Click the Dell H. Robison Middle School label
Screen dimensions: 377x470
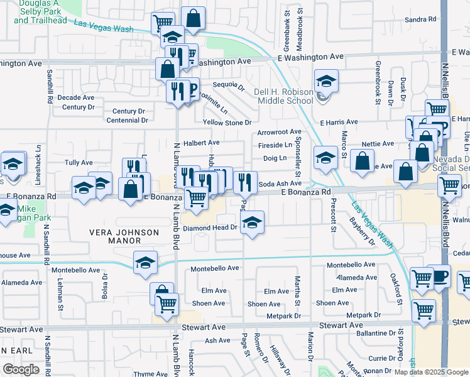point(283,96)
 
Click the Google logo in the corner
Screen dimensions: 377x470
point(21,369)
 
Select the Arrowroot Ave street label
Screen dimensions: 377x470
point(280,133)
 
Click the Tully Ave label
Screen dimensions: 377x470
point(79,162)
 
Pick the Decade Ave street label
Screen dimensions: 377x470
point(75,98)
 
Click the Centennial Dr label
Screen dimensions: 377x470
point(126,120)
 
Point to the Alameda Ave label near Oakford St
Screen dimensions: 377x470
point(357,278)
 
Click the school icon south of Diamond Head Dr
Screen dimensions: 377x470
point(252,222)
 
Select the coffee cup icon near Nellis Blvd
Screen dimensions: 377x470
point(440,276)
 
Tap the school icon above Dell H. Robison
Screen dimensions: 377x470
point(326,81)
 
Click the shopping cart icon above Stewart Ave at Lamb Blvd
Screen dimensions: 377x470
point(167,304)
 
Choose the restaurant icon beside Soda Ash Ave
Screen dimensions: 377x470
point(245,182)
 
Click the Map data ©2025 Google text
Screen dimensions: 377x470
point(430,371)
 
